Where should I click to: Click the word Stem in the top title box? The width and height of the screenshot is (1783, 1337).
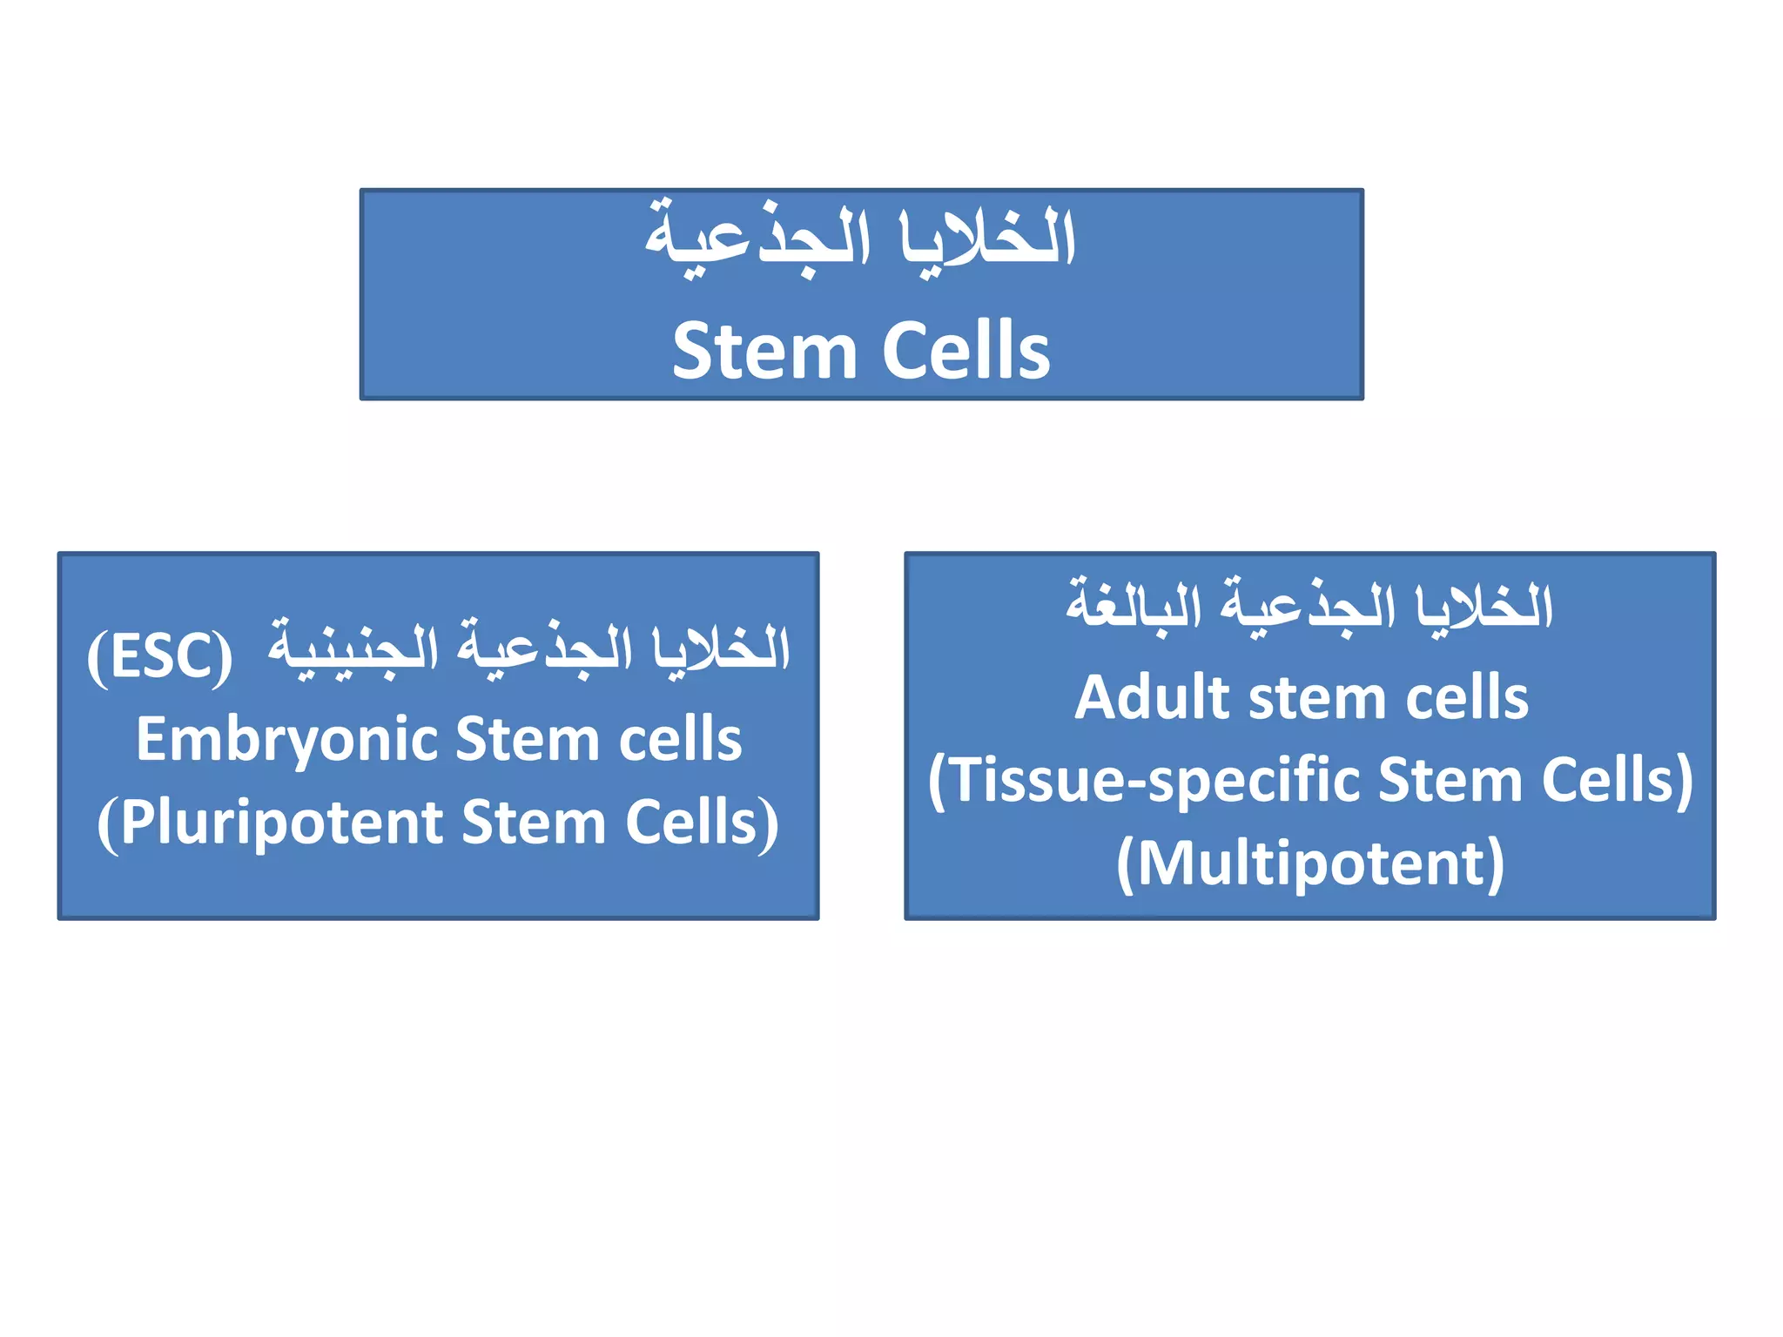click(764, 351)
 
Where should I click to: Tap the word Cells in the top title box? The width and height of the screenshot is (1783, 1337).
click(966, 351)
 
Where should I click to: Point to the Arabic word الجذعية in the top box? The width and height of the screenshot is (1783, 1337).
click(757, 239)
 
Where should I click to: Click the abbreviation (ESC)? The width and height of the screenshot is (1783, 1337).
click(160, 656)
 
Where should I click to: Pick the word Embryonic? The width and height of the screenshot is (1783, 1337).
click(286, 741)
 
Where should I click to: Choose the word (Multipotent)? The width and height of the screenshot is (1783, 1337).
click(1310, 863)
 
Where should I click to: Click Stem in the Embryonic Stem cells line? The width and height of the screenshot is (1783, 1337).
click(528, 741)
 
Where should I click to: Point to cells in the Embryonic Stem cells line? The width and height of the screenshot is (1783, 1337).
click(680, 741)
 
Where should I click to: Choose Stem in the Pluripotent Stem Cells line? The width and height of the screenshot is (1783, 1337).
click(534, 823)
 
